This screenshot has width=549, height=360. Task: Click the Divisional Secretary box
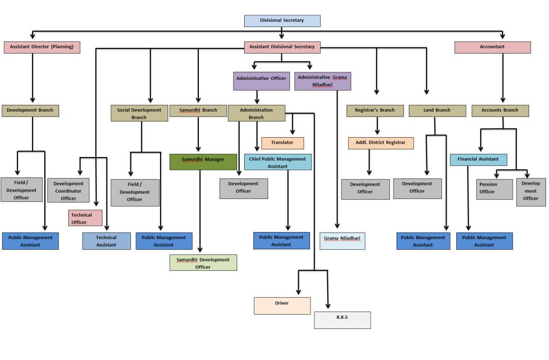coord(282,21)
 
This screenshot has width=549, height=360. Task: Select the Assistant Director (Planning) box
coord(42,47)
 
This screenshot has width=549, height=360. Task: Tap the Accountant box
coord(492,47)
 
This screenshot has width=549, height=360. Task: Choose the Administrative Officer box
coord(262,81)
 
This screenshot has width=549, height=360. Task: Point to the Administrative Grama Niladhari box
coord(323,81)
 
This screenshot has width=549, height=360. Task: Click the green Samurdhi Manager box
coord(203,162)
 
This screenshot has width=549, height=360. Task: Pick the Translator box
coord(282,143)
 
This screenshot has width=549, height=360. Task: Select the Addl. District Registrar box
coord(381,143)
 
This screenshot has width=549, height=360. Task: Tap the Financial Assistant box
coord(478,159)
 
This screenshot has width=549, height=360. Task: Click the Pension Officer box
coord(494,189)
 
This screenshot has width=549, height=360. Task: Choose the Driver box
coord(282,306)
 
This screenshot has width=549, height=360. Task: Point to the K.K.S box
coord(343,320)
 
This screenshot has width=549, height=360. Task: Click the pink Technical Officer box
coord(86,218)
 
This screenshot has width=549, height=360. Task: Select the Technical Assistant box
coord(107,241)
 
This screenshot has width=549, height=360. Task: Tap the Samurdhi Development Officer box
coord(203,263)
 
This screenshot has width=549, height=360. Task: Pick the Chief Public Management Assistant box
coord(278,162)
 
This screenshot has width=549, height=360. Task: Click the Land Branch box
coord(437,111)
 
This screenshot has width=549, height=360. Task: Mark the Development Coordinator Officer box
coord(69,190)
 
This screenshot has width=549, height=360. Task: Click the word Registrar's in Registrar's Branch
coord(367,110)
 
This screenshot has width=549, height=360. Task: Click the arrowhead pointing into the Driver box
coord(299,292)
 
